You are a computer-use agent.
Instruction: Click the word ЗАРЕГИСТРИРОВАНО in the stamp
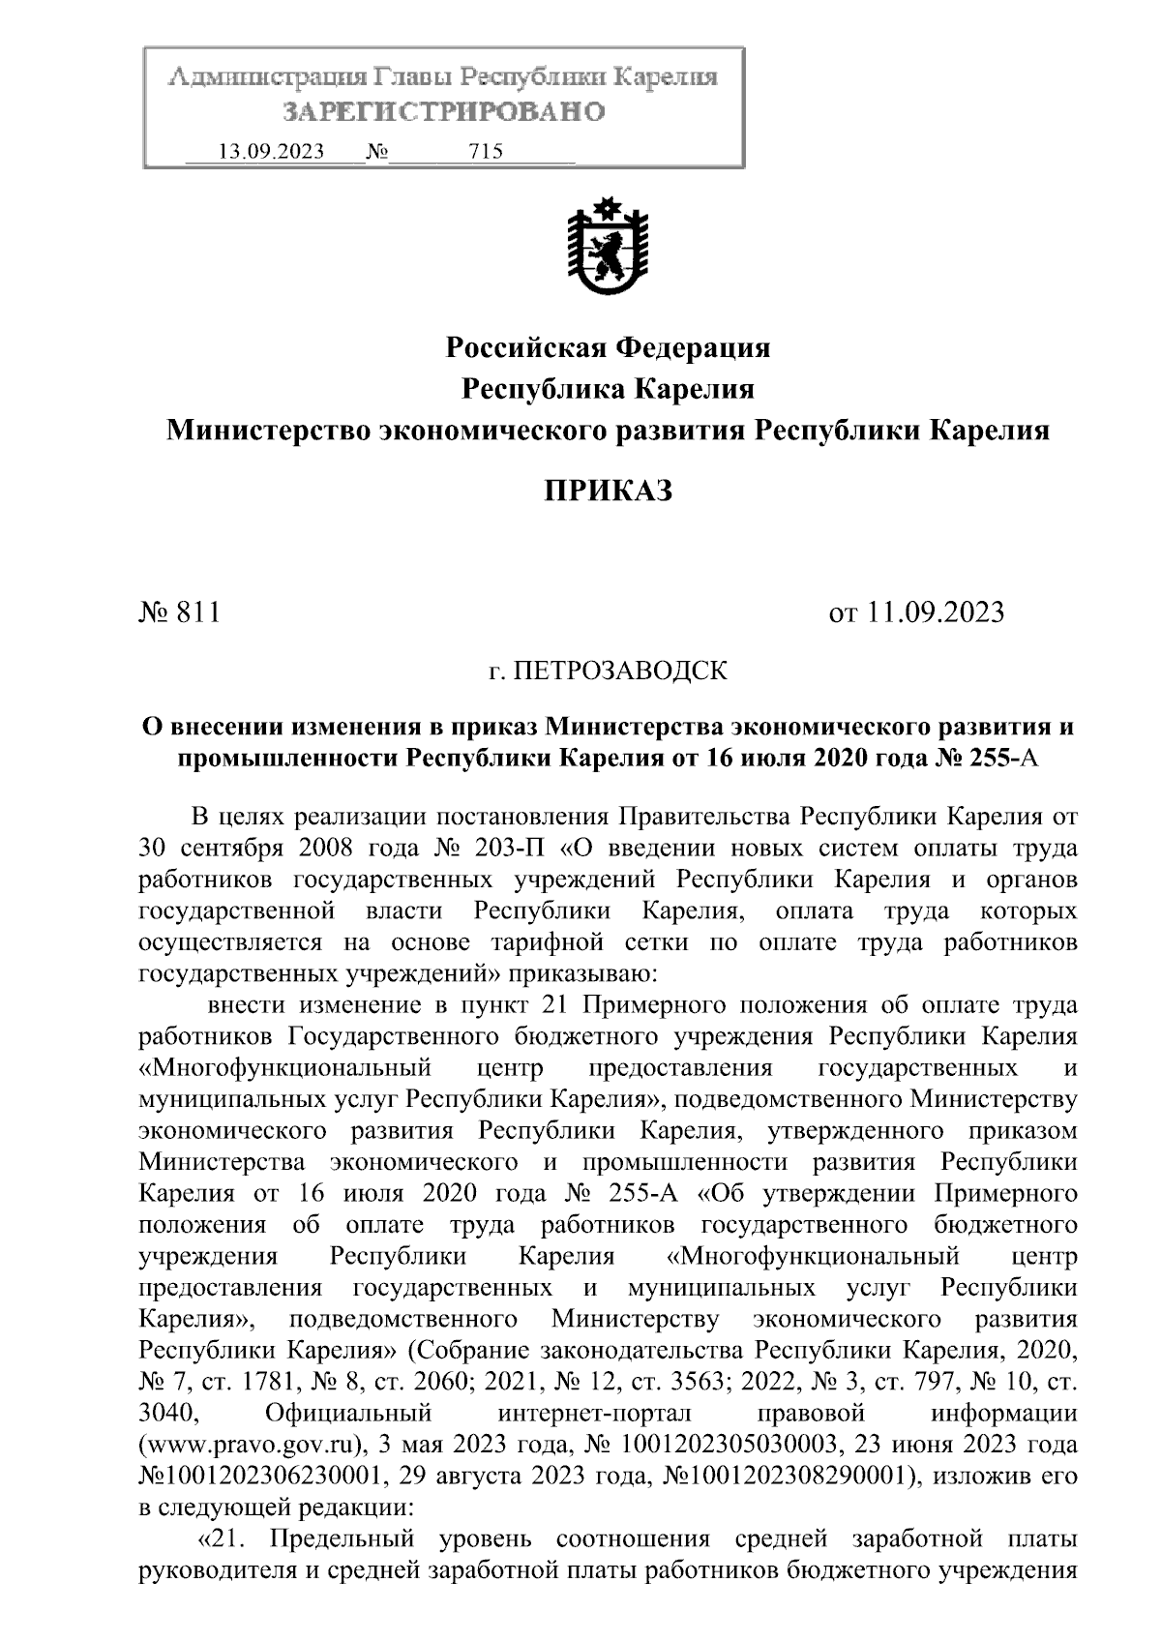pos(444,112)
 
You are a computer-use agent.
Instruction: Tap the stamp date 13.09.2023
pos(272,152)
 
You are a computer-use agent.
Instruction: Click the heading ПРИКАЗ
pos(608,492)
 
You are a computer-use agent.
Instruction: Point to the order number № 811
pos(180,612)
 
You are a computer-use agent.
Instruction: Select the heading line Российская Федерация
pos(608,347)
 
